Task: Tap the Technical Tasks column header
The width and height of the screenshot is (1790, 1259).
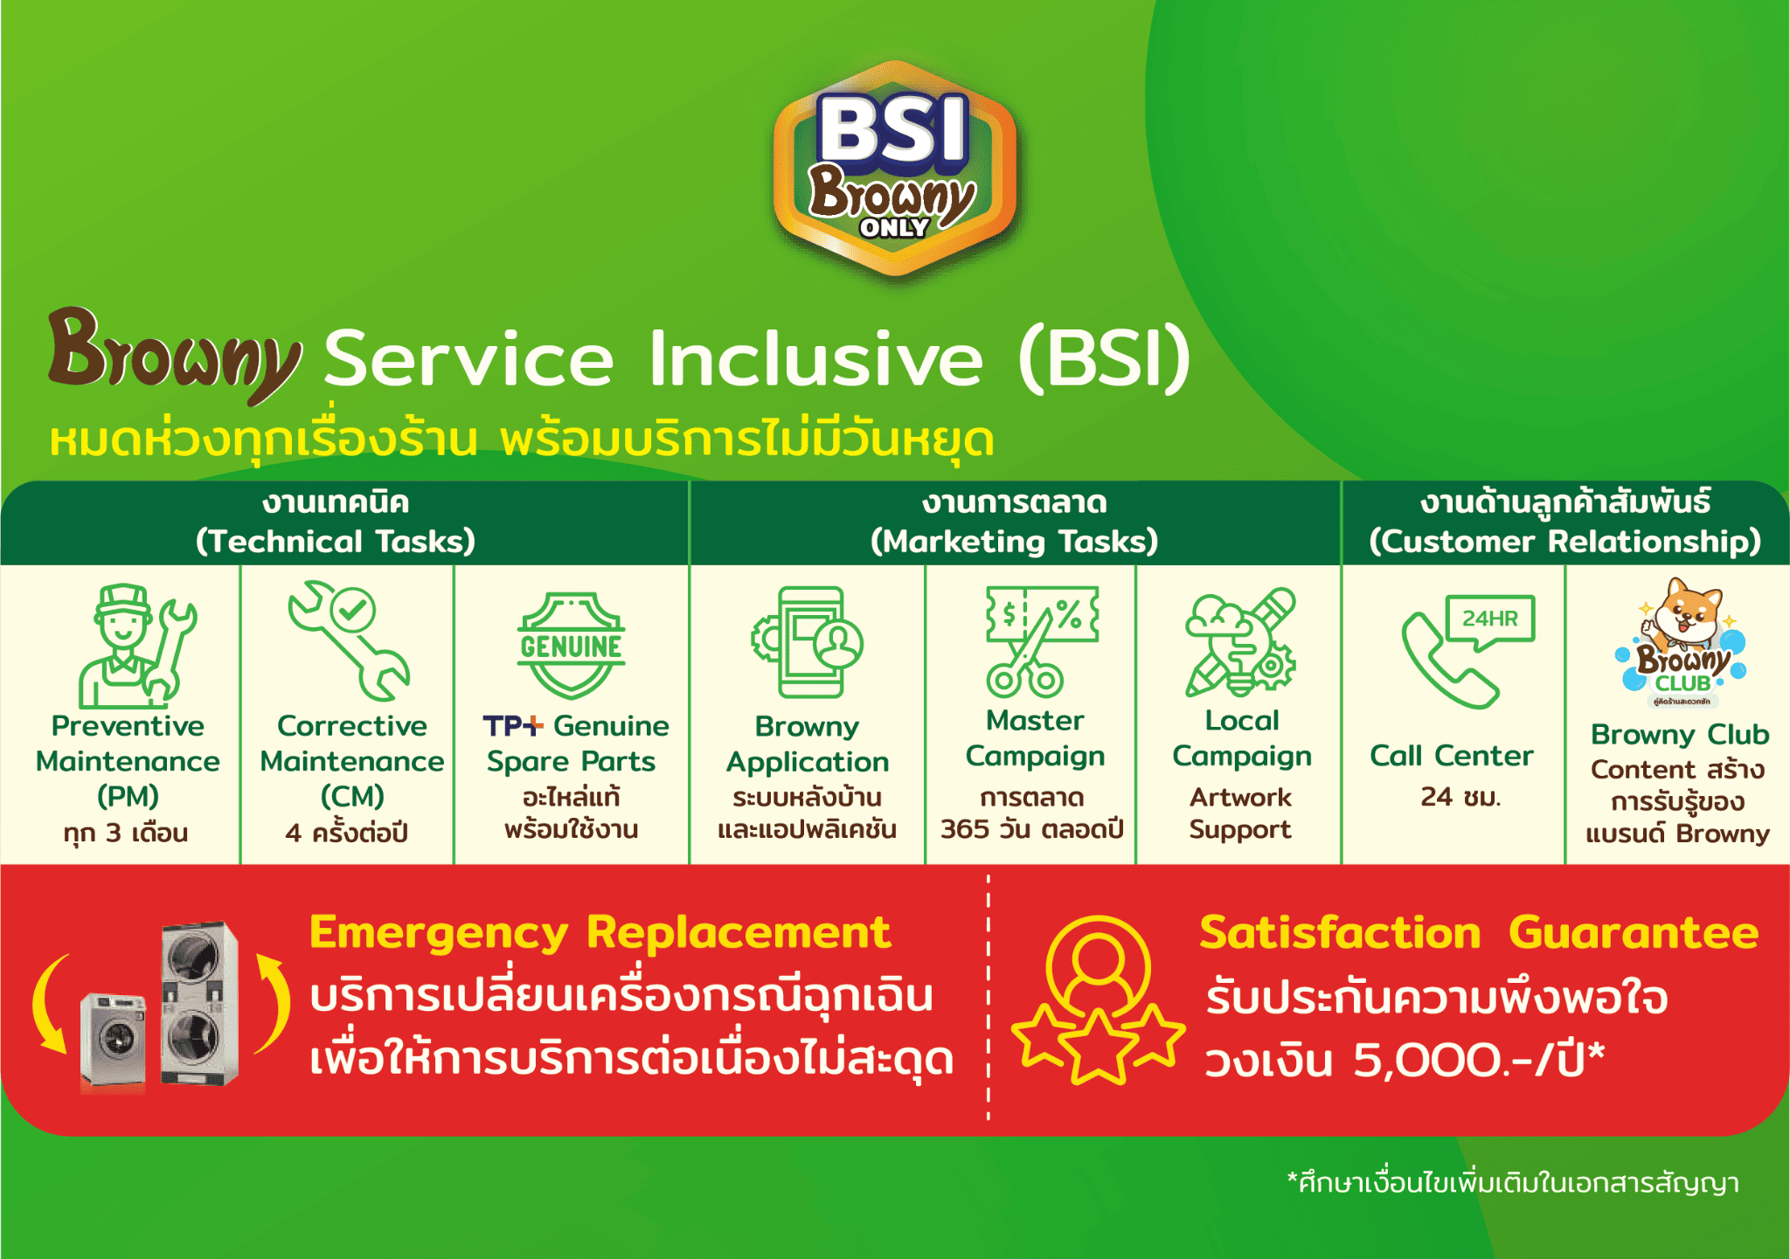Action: click(336, 522)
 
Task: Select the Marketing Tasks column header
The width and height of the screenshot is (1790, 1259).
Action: click(1014, 522)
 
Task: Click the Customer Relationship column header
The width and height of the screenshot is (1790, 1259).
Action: click(1565, 522)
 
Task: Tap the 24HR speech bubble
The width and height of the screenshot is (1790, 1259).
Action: click(1490, 619)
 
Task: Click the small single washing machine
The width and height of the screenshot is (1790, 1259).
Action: click(114, 1040)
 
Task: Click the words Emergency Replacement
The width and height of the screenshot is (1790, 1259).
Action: click(600, 932)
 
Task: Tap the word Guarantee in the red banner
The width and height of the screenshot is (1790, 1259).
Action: click(1633, 932)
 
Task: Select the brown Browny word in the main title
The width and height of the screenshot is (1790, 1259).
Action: click(175, 354)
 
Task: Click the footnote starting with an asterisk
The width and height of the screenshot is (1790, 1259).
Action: click(1512, 1183)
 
